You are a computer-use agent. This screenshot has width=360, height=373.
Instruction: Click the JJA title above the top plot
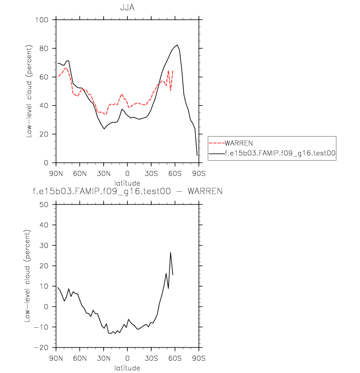[127, 8]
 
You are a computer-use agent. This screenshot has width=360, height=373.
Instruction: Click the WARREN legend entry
[238, 143]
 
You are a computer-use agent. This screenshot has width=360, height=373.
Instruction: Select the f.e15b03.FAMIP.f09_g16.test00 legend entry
[280, 153]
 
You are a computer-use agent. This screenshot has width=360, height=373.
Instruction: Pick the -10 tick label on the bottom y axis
[44, 327]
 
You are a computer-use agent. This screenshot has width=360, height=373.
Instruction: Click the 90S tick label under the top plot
[198, 173]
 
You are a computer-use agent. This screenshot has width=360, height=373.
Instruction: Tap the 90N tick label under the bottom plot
[56, 358]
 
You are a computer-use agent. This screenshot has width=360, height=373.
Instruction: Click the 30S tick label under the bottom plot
[151, 358]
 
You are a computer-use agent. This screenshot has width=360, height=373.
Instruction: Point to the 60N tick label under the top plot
[80, 173]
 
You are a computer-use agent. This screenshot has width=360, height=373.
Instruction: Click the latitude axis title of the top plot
[127, 182]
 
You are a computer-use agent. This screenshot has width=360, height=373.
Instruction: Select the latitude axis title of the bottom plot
[127, 367]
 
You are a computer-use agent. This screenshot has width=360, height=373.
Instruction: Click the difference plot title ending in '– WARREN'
[127, 191]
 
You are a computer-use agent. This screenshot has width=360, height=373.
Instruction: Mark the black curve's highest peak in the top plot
[178, 45]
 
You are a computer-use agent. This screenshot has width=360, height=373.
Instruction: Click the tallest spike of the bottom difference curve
[170, 253]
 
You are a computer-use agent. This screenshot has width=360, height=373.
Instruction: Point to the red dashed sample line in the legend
[217, 143]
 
